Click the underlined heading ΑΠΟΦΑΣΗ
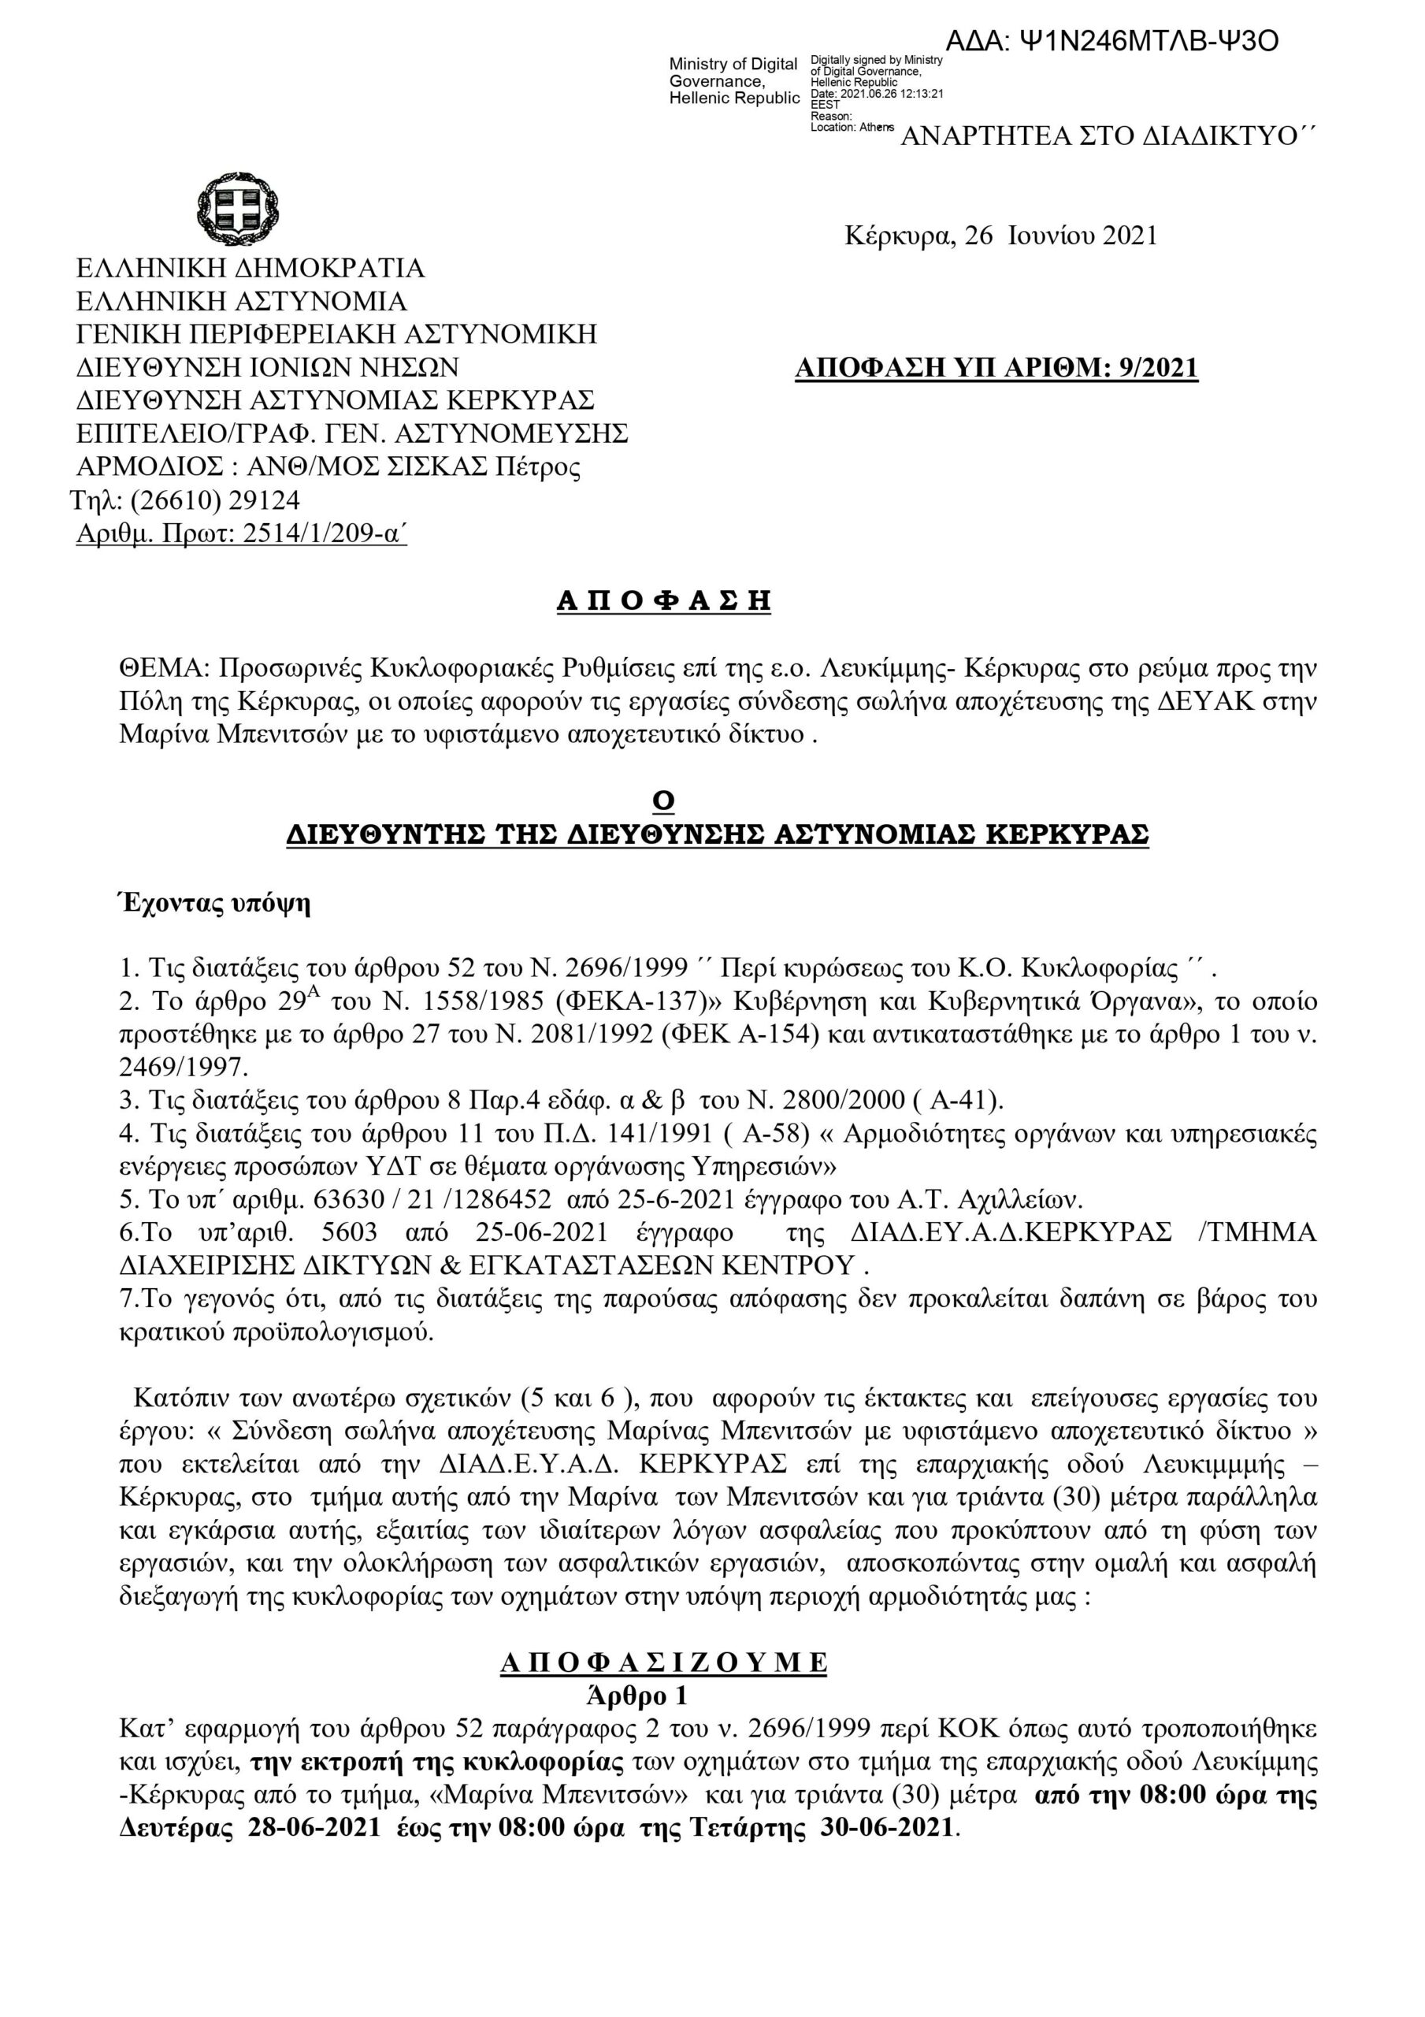(663, 601)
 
